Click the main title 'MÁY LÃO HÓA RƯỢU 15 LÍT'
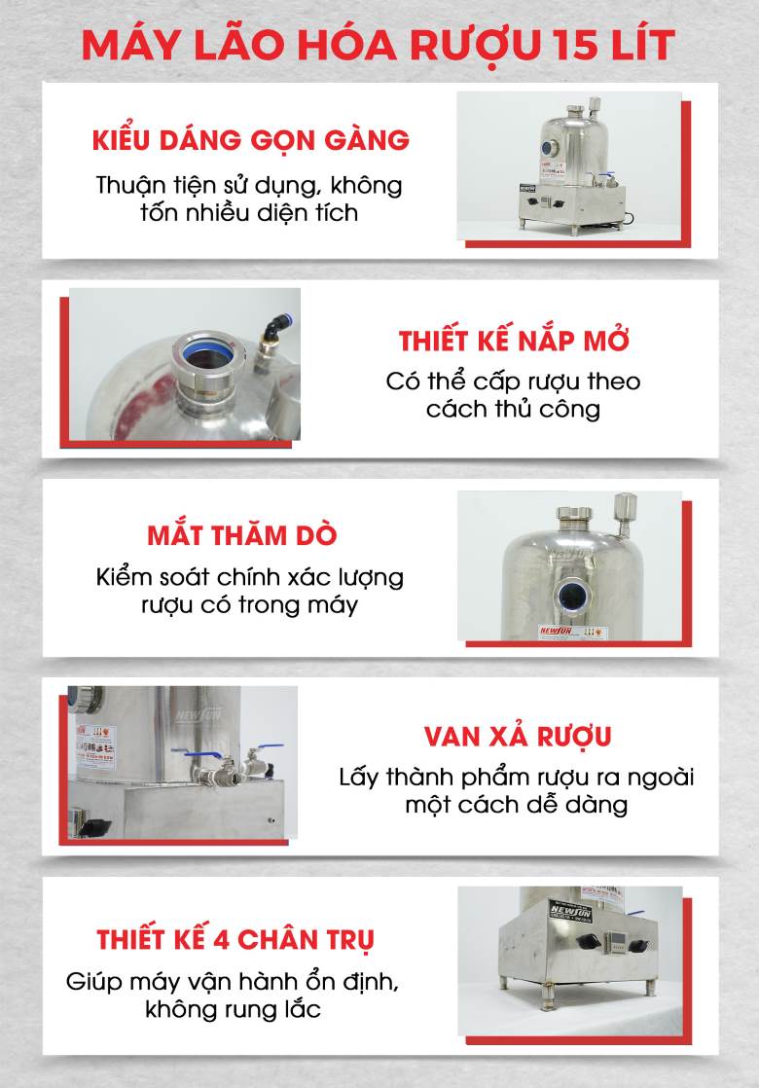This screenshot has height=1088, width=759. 379,47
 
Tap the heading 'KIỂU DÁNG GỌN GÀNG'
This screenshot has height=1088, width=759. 250,140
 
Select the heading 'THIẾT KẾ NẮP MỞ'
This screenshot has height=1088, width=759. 514,342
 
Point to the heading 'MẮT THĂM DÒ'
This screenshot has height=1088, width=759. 243,535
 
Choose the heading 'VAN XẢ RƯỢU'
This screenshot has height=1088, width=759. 518,736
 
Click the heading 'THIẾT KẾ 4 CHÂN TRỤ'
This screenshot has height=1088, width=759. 235,940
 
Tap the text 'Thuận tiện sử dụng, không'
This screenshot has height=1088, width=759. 249,184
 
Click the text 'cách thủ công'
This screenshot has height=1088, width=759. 513,408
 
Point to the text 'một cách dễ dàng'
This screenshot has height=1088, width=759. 517,805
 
